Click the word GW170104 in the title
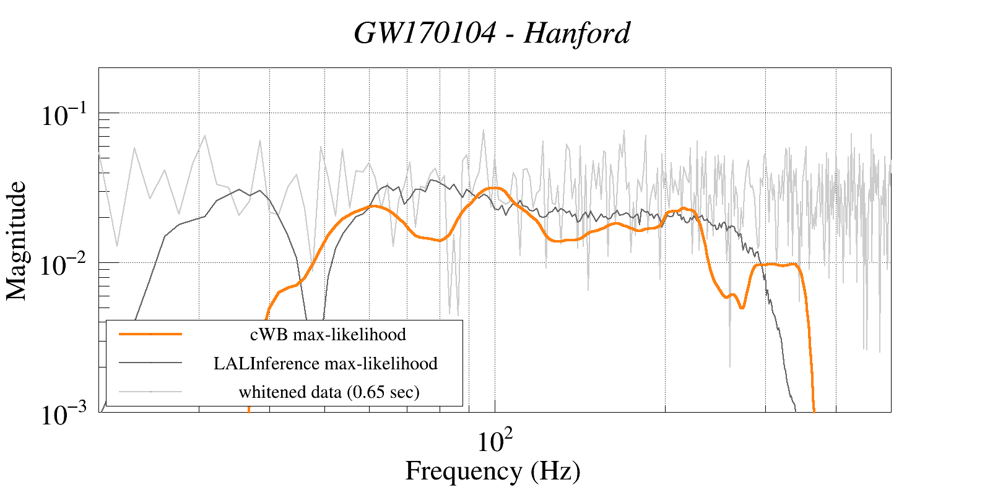425,33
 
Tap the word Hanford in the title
576,33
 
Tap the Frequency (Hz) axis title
493,471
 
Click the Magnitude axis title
17,241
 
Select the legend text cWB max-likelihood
328,335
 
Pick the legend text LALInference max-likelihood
326,363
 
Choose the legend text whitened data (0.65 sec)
329,392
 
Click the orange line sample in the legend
150,334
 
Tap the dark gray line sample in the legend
150,363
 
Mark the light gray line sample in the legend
150,391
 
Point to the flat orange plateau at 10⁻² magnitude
777,265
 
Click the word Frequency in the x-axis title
463,471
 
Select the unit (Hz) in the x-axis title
555,471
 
